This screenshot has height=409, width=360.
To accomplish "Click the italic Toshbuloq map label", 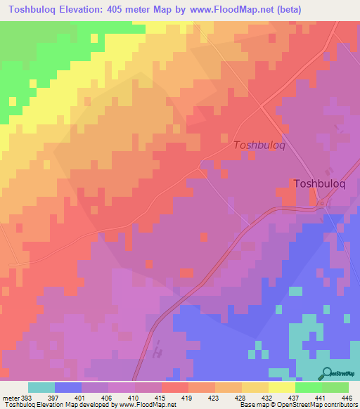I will point(259,145).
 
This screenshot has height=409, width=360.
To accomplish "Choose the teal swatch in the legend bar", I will point(41,387).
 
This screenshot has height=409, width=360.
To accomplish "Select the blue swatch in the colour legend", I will point(67,387).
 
